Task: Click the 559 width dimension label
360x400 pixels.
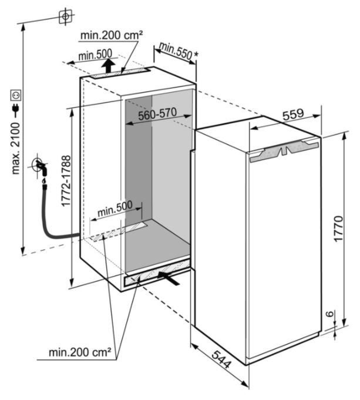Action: coord(293,115)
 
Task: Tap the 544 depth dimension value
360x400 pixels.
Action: coord(221,359)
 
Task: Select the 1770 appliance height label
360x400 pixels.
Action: coord(339,228)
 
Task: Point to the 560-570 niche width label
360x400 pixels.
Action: coord(157,114)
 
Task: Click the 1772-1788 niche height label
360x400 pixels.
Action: coord(66,181)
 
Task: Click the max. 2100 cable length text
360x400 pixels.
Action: coord(16,148)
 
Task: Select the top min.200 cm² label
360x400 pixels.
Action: coord(112,35)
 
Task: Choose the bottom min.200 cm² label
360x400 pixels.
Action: coord(80,352)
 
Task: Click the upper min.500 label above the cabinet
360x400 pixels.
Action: coord(95,55)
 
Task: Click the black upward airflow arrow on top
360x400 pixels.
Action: coord(108,66)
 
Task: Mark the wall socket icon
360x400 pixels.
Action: coord(16,95)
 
